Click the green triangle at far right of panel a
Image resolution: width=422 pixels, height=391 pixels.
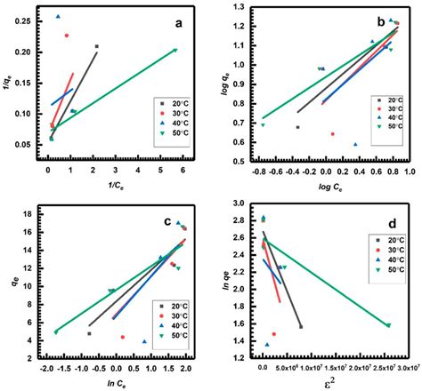(x=175, y=50)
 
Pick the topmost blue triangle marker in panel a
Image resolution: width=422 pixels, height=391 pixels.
(x=59, y=16)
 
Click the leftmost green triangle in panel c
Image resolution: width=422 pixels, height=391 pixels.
(x=56, y=331)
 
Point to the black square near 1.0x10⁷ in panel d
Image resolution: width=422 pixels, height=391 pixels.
(x=300, y=327)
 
